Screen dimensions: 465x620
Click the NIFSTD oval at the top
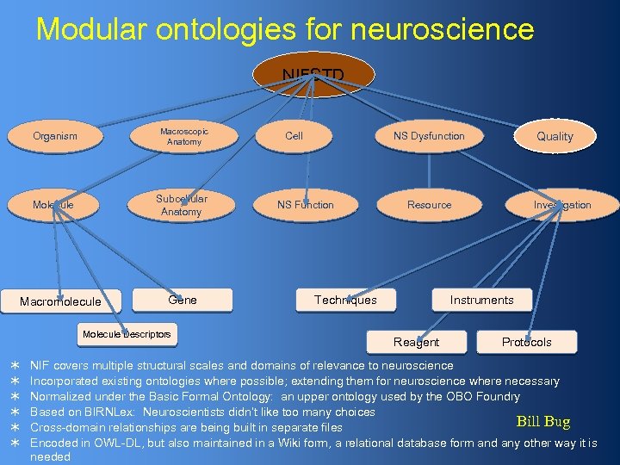tap(313, 75)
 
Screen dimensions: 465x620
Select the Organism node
tap(55, 136)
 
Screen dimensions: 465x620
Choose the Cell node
tap(294, 136)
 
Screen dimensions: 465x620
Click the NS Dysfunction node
tap(429, 136)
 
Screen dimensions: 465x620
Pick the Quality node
tap(555, 136)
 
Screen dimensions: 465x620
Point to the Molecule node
tap(53, 205)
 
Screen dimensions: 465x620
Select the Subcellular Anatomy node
tap(182, 205)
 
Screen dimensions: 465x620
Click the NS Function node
tap(305, 205)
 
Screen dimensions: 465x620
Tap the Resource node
tap(429, 205)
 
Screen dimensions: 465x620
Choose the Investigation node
tap(561, 205)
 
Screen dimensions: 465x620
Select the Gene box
tap(183, 300)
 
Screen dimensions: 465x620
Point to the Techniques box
tap(345, 300)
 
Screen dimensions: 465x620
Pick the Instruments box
tap(481, 300)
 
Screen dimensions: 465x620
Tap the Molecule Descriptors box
tap(127, 334)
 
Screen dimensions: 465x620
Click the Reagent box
tap(416, 342)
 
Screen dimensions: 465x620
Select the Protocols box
tap(526, 342)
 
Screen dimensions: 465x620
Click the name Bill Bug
tap(542, 421)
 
